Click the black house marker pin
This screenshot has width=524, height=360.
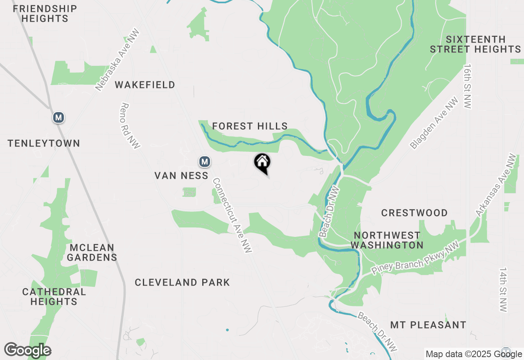coord(262,162)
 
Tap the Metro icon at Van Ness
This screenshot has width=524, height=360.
coord(205,162)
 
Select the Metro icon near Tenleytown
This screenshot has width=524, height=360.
coord(59,118)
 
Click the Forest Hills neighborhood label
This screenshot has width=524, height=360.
coord(250,126)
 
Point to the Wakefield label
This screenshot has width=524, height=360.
coord(145,85)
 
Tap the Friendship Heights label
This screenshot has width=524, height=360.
coord(45,13)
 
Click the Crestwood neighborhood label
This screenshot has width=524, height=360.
coord(414,213)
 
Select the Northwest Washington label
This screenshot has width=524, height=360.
coord(387,240)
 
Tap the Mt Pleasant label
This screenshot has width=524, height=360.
coord(428,325)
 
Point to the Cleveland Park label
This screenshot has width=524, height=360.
coord(182,282)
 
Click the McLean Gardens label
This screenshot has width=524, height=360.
coord(92,252)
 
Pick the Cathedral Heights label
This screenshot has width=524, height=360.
coord(54,297)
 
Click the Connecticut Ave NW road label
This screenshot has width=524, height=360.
coord(232,215)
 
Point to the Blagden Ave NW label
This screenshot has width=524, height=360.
coord(434,123)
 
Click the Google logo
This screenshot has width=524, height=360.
coord(27,351)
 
